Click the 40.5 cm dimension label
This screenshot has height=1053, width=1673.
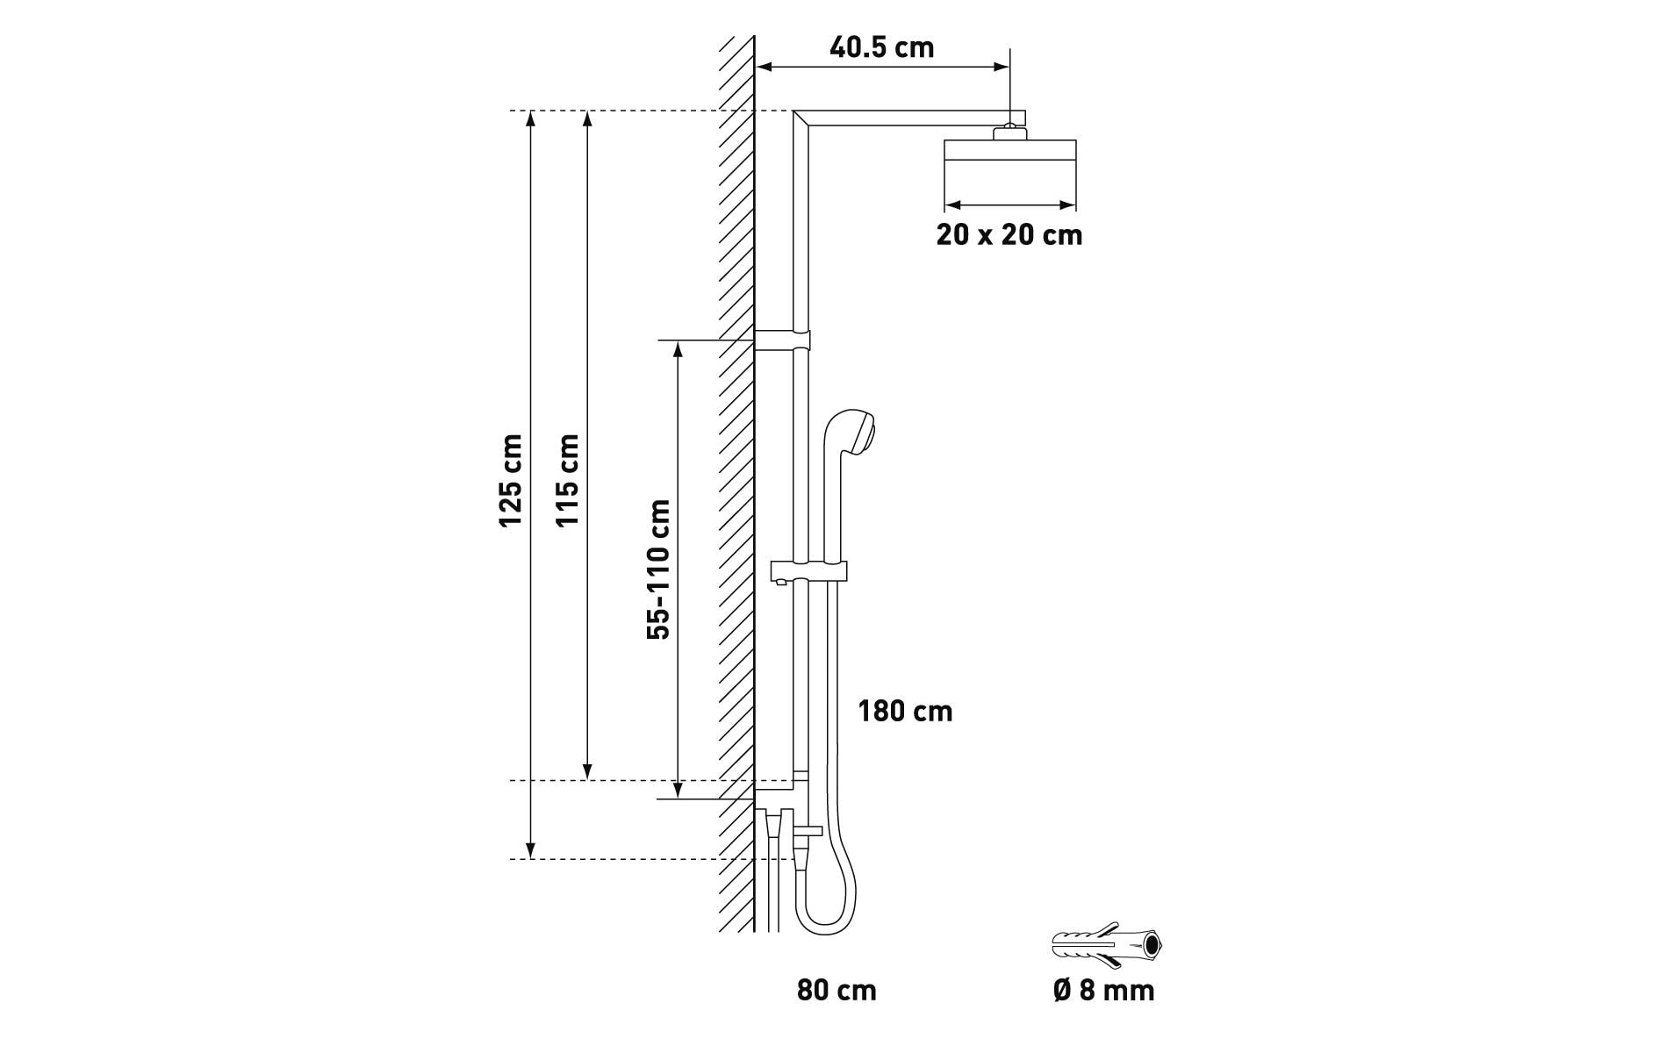881,47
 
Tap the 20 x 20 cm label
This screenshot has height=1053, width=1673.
1009,235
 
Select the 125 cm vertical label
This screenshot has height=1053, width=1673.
511,481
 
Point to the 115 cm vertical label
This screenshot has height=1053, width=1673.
568,481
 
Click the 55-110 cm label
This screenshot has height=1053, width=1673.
658,569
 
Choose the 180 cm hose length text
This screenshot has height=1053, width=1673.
905,711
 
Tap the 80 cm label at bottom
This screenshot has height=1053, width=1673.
836,991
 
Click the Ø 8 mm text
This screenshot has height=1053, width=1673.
1103,991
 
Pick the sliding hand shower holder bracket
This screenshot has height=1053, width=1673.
808,571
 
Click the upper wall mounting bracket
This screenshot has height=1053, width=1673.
782,340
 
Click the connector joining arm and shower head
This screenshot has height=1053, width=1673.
1009,132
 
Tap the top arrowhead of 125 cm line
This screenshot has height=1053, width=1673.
530,119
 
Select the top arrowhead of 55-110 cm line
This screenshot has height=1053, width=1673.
678,348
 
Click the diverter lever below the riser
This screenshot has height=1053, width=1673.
808,829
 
